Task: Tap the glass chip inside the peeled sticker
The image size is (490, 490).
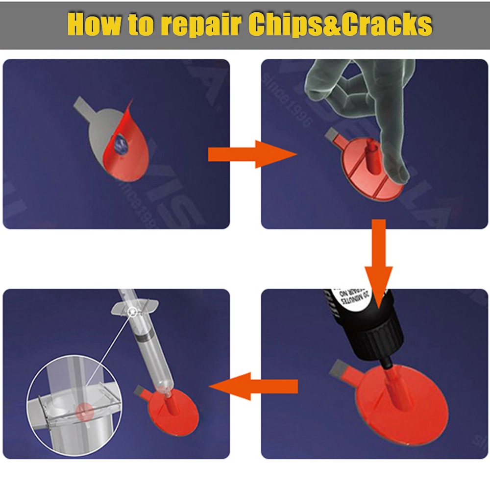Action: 120,144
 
